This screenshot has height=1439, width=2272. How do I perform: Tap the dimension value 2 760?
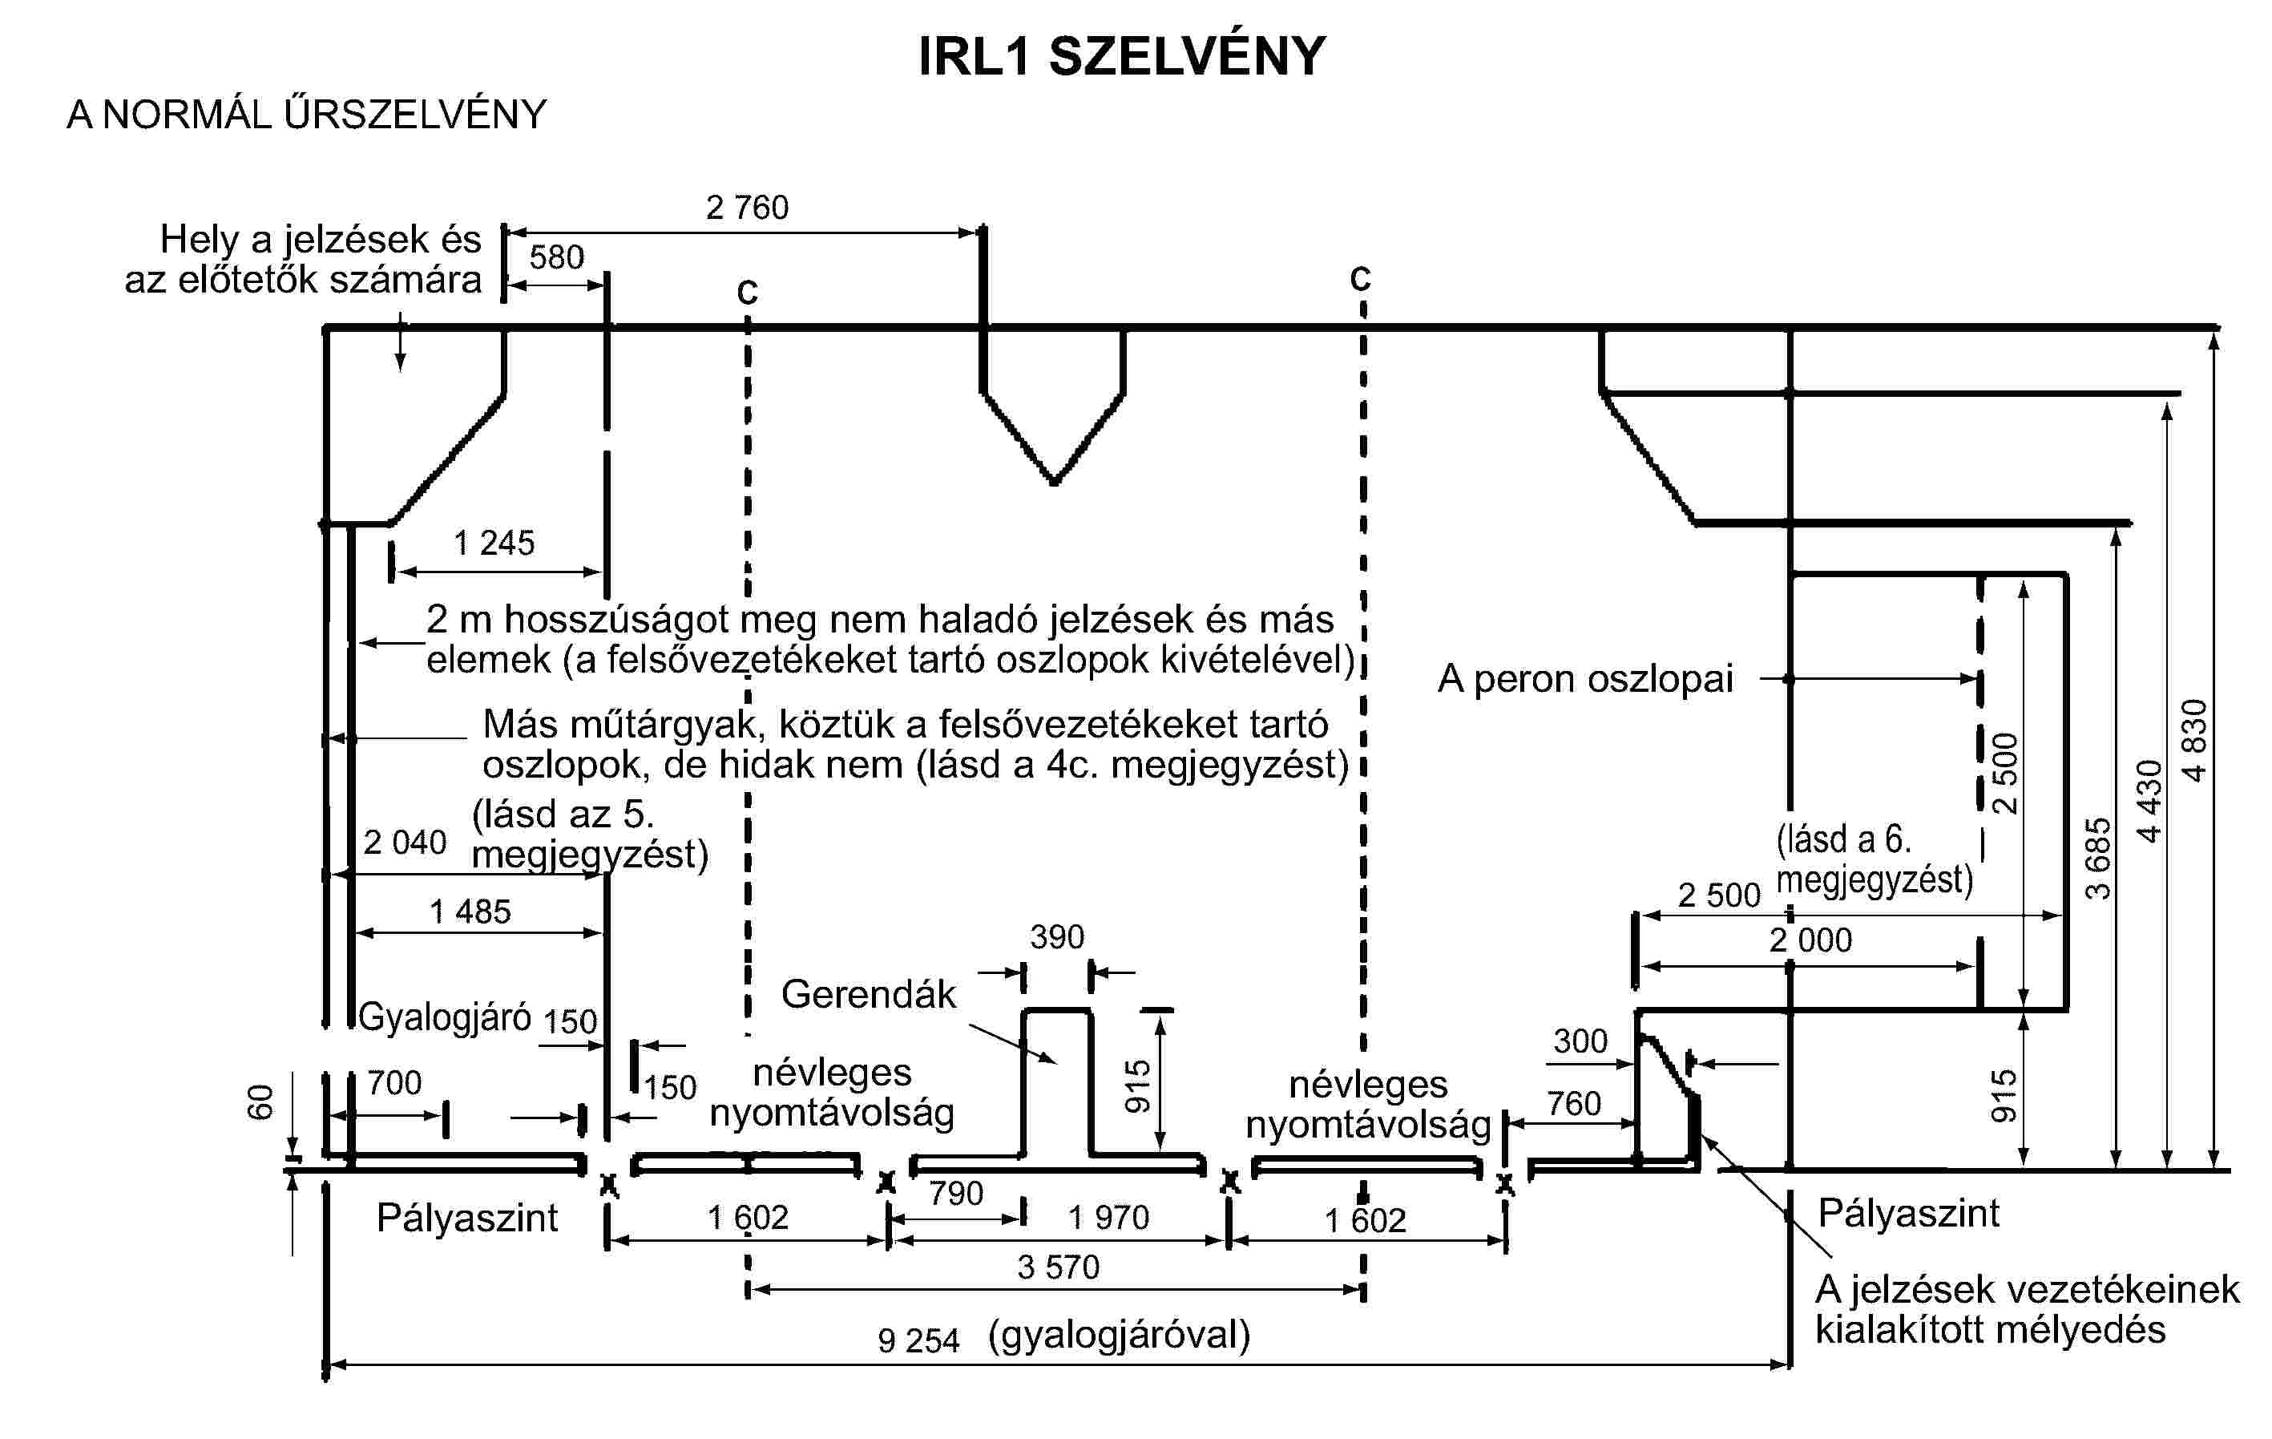(746, 208)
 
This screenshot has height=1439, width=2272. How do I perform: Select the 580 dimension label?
(557, 257)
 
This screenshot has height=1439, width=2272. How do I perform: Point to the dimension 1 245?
(494, 543)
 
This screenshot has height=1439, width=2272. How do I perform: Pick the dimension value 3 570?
(1058, 1267)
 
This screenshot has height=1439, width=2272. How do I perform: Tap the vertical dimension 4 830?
(2194, 740)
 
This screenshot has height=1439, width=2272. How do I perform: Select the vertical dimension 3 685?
(2096, 858)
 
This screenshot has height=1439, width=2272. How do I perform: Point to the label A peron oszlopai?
(1585, 678)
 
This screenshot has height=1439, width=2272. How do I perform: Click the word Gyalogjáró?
(445, 1017)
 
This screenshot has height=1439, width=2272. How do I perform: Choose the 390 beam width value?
(1057, 937)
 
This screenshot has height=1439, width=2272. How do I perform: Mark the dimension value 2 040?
(404, 842)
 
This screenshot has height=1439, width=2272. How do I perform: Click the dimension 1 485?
(470, 912)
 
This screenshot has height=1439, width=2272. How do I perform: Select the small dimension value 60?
(260, 1102)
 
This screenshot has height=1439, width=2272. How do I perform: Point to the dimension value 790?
(956, 1194)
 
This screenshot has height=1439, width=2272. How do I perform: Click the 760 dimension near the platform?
(1573, 1103)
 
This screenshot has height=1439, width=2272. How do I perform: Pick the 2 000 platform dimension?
(1810, 940)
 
